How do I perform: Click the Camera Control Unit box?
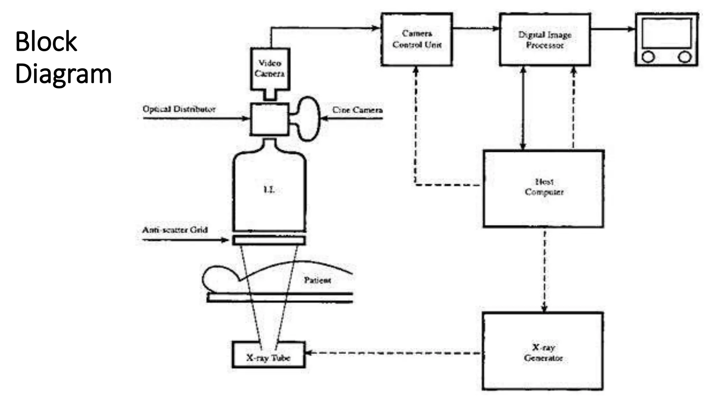[417, 39]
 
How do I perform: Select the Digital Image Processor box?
[545, 40]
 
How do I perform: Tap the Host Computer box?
[543, 188]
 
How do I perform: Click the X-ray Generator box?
[543, 351]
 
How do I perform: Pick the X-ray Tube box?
[268, 355]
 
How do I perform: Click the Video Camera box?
[270, 69]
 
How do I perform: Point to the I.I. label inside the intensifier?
[268, 190]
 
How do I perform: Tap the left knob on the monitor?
[648, 57]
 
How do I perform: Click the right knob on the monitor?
[684, 57]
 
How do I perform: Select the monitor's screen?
[666, 33]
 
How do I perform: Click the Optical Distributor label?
[179, 109]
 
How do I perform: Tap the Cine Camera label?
[357, 110]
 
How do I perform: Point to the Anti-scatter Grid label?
[175, 230]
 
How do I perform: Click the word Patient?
[317, 280]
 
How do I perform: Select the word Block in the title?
[46, 41]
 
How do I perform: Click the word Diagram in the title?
[63, 74]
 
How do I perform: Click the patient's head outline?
[218, 278]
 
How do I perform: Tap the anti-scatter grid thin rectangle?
[269, 240]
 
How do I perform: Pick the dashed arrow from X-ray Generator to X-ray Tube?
[394, 353]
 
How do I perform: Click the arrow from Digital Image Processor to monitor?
[613, 29]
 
